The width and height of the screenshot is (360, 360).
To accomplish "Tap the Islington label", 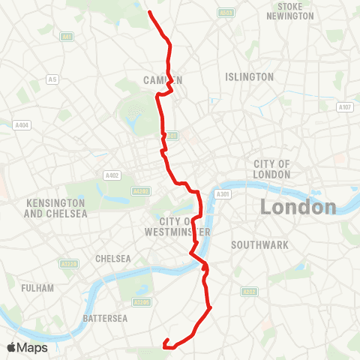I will pos(249,77).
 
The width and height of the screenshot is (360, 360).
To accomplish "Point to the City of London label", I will pos(271,169).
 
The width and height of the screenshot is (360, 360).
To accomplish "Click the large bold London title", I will pos(298,207).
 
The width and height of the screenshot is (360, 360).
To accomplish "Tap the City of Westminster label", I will pos(183,226).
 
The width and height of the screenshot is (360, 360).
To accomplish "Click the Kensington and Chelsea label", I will pos(56,208).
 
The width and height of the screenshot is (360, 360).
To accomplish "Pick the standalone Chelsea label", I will pos(113,259).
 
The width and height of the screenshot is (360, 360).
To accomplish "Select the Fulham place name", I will pos(38,288).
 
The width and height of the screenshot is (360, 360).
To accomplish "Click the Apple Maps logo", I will pos(27,347).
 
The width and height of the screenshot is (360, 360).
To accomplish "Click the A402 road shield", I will pos(112,175).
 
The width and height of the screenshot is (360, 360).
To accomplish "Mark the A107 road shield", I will pos(344,108).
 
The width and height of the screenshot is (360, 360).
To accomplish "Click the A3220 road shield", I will pos(69,263).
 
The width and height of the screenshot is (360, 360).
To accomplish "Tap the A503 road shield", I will pos(226,13).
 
